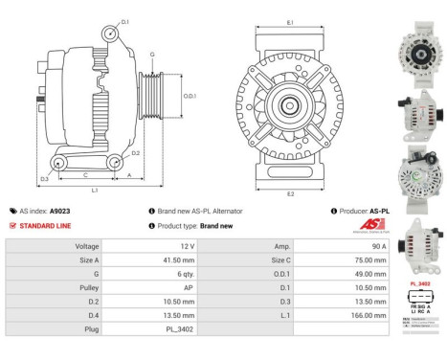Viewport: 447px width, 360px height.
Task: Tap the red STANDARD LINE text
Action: click(x=47, y=226)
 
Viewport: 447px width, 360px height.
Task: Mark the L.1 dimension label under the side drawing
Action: click(x=94, y=189)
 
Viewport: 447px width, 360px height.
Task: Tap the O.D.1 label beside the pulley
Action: click(x=190, y=95)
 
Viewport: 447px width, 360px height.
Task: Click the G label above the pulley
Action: click(x=151, y=54)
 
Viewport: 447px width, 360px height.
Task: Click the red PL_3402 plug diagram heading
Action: click(x=418, y=284)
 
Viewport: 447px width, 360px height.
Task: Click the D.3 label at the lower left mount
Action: click(x=45, y=179)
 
